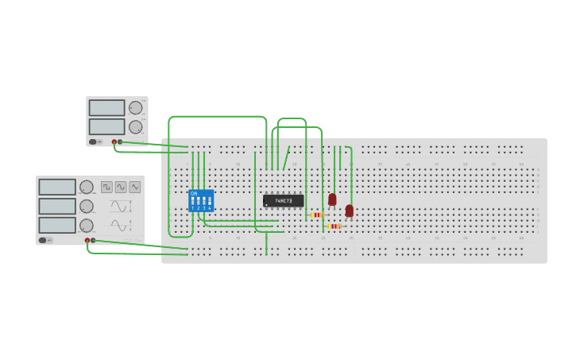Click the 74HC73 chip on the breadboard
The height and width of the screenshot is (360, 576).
(x=284, y=201)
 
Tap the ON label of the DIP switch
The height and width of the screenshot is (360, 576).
(x=194, y=193)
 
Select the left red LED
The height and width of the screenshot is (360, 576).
(x=332, y=199)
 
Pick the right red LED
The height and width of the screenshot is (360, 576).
(x=350, y=211)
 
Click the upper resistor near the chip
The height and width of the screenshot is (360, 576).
(x=317, y=215)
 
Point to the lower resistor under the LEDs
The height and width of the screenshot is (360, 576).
(x=334, y=226)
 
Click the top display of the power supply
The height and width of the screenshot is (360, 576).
(x=106, y=107)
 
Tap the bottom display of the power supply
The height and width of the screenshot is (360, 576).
(x=106, y=126)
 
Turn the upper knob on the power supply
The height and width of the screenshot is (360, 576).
(x=136, y=107)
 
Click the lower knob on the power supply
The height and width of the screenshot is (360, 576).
(x=136, y=126)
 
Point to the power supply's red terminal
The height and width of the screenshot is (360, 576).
(x=114, y=142)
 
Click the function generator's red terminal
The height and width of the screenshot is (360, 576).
(x=87, y=240)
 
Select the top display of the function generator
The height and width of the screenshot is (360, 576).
(x=57, y=187)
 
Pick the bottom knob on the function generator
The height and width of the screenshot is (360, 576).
(x=86, y=226)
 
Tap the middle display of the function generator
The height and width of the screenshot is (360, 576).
(x=57, y=206)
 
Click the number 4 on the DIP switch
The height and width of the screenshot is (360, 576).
(x=210, y=207)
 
